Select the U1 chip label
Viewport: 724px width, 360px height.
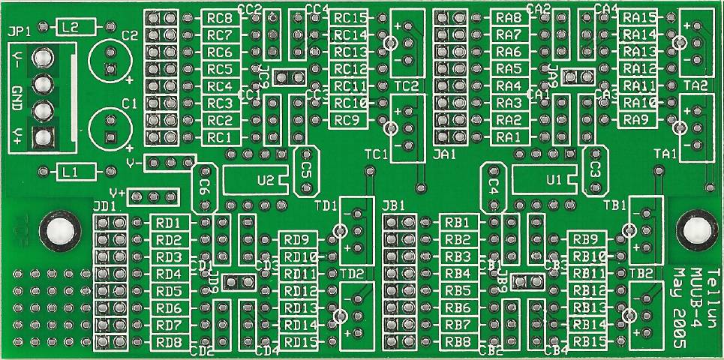tap(554, 180)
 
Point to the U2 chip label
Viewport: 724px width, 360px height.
tap(264, 180)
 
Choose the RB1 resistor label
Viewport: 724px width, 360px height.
tap(457, 222)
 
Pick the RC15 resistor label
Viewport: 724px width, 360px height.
tap(350, 17)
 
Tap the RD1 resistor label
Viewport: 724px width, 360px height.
tap(168, 223)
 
